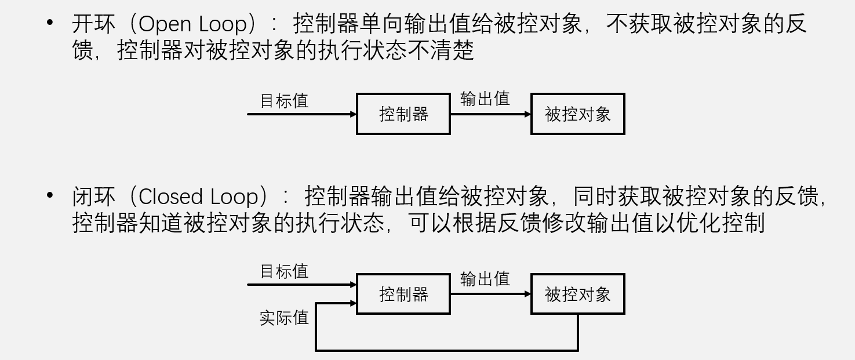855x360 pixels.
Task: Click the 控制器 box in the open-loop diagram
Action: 403,114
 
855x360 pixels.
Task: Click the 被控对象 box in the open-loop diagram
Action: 577,114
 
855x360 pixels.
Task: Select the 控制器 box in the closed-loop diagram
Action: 403,294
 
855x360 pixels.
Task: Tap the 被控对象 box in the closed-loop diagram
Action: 577,294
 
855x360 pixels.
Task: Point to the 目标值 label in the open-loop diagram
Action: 284,101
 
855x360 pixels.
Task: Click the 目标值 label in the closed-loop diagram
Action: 284,271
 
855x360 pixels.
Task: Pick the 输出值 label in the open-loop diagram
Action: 485,99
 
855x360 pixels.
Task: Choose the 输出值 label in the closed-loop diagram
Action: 485,279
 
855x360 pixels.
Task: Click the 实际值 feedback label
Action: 284,318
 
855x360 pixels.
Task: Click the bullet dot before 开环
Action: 50,23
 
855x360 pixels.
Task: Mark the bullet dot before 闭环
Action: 50,195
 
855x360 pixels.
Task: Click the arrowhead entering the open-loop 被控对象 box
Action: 527,114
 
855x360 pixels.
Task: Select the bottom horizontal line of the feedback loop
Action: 446,350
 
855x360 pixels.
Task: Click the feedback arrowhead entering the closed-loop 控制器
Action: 353,303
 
